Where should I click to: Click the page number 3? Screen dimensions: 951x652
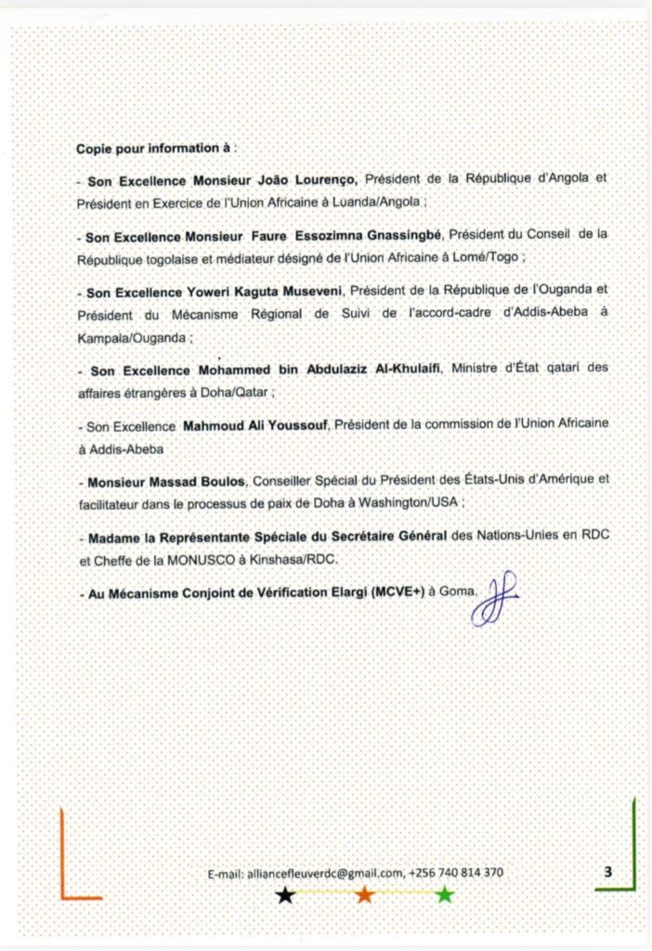coord(607,871)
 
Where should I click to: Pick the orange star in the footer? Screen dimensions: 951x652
coord(365,895)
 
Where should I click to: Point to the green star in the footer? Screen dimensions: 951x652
coord(445,895)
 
